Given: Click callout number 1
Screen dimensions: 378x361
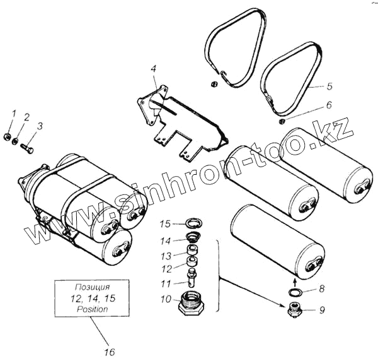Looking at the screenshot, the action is tap(14, 114).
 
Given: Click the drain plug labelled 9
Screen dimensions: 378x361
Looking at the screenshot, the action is tap(294, 310).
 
